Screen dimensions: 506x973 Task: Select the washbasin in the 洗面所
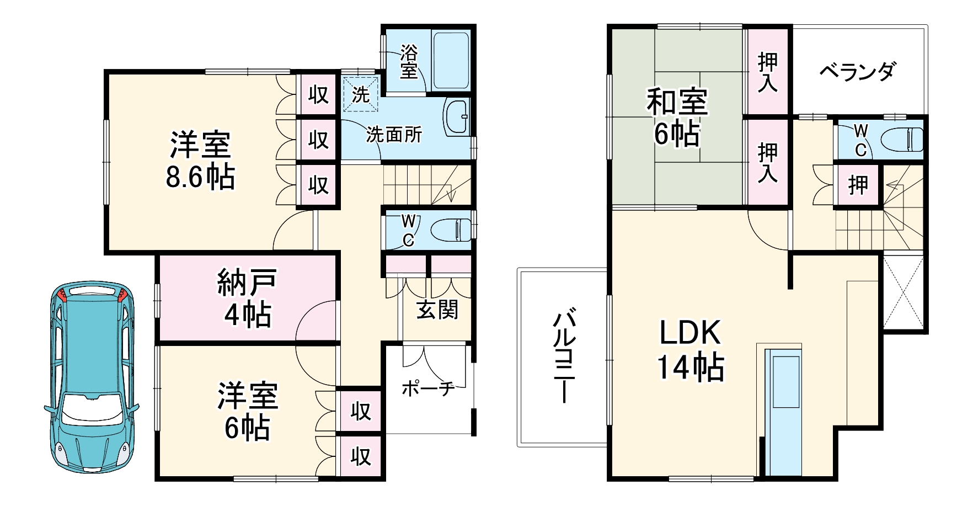pyautogui.click(x=457, y=117)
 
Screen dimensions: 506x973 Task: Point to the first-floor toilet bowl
pyautogui.click(x=451, y=230)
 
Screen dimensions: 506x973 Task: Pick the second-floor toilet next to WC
pyautogui.click(x=902, y=139)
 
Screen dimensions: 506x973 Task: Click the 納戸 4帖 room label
pyautogui.click(x=247, y=298)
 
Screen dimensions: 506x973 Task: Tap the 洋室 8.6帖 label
pyautogui.click(x=200, y=161)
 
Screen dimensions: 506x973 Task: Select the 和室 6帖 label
pyautogui.click(x=677, y=118)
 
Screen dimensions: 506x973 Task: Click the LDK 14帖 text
pyautogui.click(x=689, y=349)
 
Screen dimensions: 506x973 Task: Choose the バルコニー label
pyautogui.click(x=563, y=356)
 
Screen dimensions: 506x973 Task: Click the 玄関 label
pyautogui.click(x=437, y=310)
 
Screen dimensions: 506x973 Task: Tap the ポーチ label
pyautogui.click(x=427, y=388)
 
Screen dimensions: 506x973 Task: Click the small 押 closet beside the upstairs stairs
pyautogui.click(x=858, y=185)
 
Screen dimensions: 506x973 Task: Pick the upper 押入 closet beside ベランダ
pyautogui.click(x=767, y=71)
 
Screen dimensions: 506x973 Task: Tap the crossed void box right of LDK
pyautogui.click(x=903, y=292)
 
